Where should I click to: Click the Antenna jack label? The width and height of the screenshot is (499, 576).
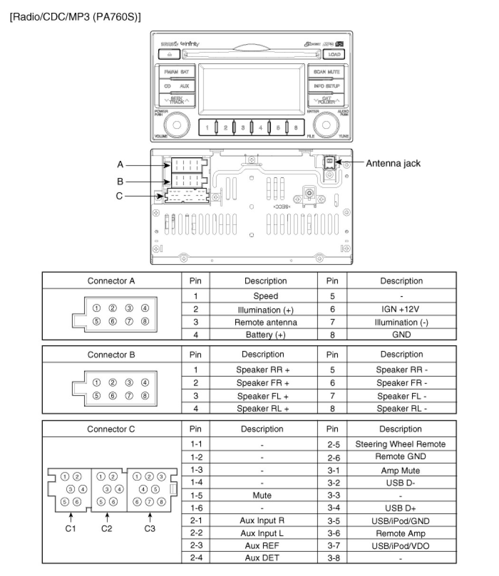coord(393,163)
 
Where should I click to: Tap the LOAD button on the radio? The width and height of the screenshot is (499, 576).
coord(335,55)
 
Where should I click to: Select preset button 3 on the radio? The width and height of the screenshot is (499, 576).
coord(243,127)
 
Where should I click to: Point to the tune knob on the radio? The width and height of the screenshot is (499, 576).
coord(325,125)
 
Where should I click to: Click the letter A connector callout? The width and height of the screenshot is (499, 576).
coord(121,165)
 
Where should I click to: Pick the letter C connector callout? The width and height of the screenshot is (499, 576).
coord(119,196)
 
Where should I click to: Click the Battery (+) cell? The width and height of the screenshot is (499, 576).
coord(266,334)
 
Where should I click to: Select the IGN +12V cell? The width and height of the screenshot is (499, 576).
coord(401,309)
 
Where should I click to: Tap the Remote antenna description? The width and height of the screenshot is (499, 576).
coord(266,322)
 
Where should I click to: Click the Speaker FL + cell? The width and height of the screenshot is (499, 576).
coord(262,396)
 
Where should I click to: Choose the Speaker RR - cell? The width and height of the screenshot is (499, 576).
coord(401,370)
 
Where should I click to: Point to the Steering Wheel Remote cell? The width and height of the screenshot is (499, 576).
coord(400,444)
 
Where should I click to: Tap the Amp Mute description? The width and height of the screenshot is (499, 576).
coord(400,471)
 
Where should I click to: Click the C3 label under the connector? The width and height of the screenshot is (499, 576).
coord(150,529)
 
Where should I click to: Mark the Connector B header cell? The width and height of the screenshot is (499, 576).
coord(111,355)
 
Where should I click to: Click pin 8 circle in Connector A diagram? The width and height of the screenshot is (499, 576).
coord(145,321)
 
